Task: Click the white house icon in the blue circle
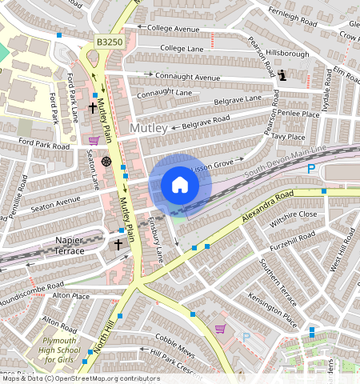180,185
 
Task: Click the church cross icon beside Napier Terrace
118,244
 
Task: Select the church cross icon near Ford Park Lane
92,107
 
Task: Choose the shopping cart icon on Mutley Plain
94,141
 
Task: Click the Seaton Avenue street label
56,201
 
